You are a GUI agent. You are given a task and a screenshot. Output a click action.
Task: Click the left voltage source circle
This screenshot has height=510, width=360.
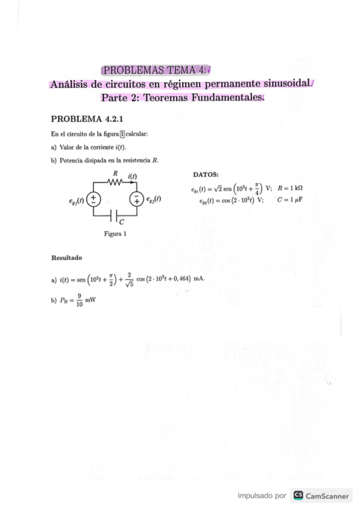click(x=94, y=198)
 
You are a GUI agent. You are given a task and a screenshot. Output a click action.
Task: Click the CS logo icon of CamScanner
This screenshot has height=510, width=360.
click(x=297, y=496)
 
